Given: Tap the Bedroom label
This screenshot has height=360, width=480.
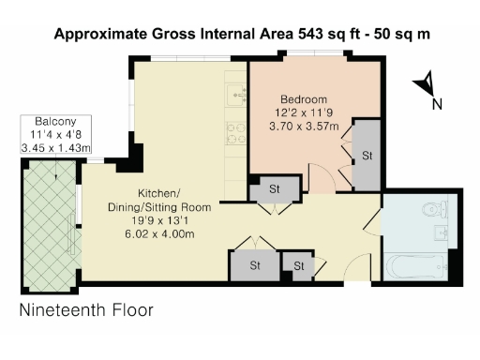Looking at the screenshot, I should pyautogui.click(x=304, y=99).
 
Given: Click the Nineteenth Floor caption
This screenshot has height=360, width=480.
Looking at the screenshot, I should pyautogui.click(x=86, y=308).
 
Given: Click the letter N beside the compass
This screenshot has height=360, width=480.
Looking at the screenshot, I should pyautogui.click(x=437, y=104).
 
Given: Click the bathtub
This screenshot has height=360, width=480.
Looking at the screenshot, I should pyautogui.click(x=416, y=270).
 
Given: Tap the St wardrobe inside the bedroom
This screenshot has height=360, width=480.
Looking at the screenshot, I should pyautogui.click(x=367, y=155).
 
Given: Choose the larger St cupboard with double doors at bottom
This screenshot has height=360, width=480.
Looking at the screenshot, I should pyautogui.click(x=254, y=266).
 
